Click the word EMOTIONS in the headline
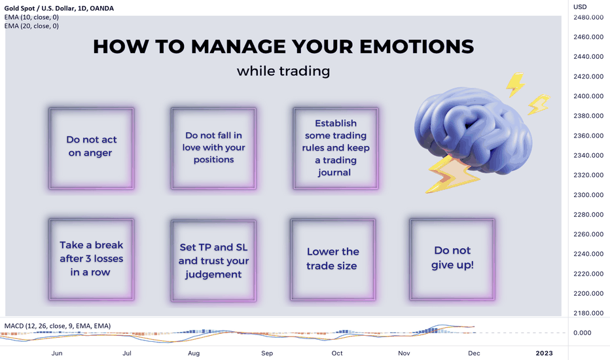click(x=417, y=46)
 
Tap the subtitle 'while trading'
click(x=283, y=71)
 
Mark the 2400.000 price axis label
click(x=588, y=96)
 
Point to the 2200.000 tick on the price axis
click(x=588, y=293)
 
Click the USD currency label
click(x=580, y=7)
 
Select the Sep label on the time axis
click(x=267, y=353)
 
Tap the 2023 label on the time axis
click(x=544, y=353)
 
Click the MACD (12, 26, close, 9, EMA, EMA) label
click(x=57, y=326)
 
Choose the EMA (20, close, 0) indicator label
click(x=31, y=26)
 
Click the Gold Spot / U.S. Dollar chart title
click(x=59, y=8)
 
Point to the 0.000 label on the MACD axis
click(x=582, y=333)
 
